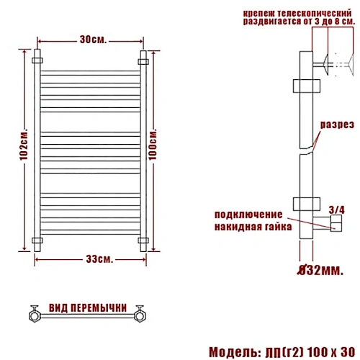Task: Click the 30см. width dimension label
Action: (93, 40)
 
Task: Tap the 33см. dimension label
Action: (99, 259)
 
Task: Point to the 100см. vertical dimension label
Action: (153, 144)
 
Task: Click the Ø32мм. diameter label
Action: (320, 271)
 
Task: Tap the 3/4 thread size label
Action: (336, 210)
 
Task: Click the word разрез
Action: (337, 125)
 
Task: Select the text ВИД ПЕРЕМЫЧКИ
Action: (88, 308)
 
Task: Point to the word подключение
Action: (248, 215)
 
